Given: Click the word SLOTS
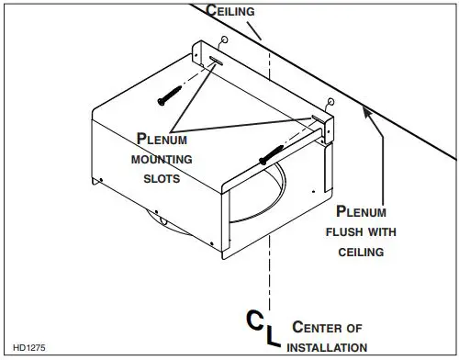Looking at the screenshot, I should pos(161,179).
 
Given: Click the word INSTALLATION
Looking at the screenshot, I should pos(329,347).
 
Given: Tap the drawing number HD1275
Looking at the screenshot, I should pos(27,347).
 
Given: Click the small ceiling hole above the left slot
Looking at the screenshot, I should pos(225,41).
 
